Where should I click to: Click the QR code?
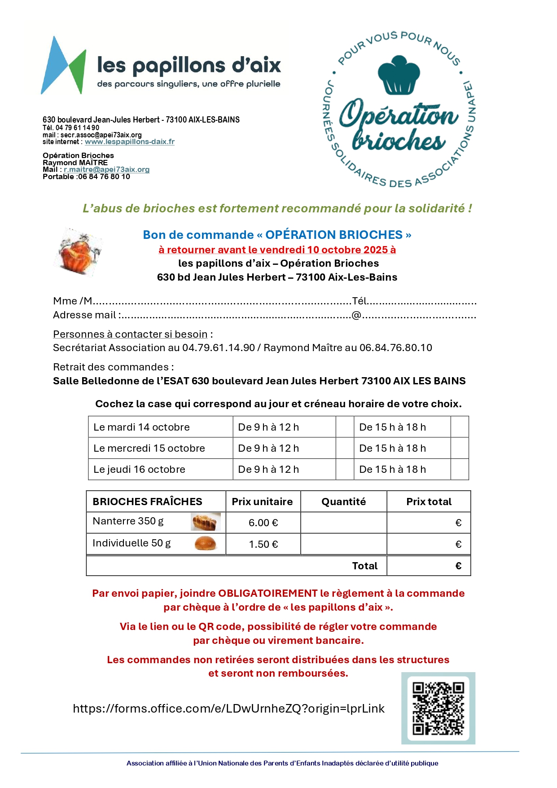[x=438, y=708]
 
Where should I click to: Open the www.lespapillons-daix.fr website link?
[x=130, y=142]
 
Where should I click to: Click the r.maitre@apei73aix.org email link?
[x=106, y=170]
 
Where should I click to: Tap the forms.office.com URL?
[x=228, y=709]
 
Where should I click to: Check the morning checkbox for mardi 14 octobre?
[x=345, y=427]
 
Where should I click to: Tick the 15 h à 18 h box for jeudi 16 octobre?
[x=460, y=469]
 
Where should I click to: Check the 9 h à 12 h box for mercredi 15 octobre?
[x=345, y=448]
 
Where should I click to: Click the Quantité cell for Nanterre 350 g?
[x=343, y=523]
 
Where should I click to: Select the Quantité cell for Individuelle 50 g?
[x=343, y=544]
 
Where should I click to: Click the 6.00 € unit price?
[x=263, y=523]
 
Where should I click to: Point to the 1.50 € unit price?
[x=263, y=544]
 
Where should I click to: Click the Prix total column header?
[x=429, y=502]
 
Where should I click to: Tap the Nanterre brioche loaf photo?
[x=206, y=522]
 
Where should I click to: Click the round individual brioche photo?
[x=205, y=543]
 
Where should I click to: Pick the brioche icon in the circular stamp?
[x=399, y=75]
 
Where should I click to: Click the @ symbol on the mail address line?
[x=356, y=315]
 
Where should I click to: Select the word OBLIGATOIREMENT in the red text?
[x=268, y=593]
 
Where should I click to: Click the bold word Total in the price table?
[x=364, y=566]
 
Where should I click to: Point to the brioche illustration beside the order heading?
[x=80, y=252]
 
